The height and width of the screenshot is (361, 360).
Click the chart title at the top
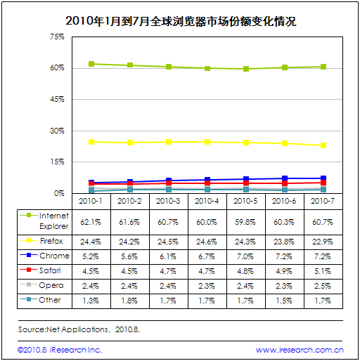click(181, 21)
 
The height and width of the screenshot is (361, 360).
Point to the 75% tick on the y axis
click(57, 37)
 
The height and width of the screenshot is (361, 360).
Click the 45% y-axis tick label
click(57, 99)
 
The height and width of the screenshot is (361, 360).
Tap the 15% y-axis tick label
click(58, 162)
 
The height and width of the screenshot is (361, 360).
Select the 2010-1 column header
click(91, 201)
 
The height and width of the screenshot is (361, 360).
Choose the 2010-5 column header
click(245, 201)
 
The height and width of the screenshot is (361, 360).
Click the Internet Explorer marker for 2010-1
click(91, 64)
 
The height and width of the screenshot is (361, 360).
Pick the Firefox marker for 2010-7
click(323, 145)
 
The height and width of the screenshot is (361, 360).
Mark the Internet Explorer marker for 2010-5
click(246, 69)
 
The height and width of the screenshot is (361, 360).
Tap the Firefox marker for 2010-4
click(207, 142)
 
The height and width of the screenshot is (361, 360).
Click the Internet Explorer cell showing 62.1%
click(91, 222)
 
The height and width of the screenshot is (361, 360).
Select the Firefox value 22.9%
click(323, 242)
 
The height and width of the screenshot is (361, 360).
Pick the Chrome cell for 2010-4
click(207, 256)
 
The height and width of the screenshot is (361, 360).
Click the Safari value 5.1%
click(323, 271)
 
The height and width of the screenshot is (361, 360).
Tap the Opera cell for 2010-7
click(323, 286)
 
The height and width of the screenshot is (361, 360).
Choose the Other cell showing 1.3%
click(91, 301)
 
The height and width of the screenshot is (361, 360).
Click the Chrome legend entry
click(44, 256)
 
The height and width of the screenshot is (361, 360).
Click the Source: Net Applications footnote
click(79, 329)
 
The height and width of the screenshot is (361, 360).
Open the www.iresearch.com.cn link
click(300, 350)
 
